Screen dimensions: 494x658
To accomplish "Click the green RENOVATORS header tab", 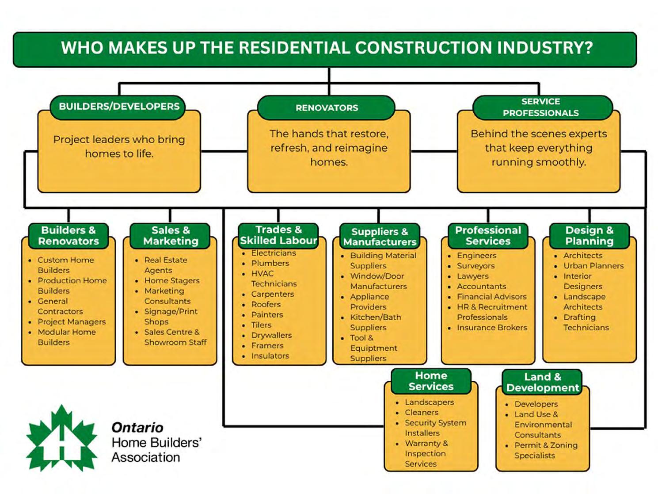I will pos(327,108).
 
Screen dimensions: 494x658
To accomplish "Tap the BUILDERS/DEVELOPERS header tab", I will pos(119,107).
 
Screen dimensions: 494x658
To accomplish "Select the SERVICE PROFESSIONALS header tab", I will pos(540,107).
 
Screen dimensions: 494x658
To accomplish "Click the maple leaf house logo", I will pos(62,439).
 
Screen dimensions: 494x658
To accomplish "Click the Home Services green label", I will pos(431,381).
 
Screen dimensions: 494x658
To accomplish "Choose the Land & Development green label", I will pos(542,383).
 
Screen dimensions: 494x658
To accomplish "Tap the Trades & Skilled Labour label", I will pos(278,235).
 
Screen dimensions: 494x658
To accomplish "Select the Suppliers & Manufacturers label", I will pos(380,237).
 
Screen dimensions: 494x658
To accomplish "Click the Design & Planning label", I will pos(589,236).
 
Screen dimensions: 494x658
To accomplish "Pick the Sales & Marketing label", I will pos(171,236).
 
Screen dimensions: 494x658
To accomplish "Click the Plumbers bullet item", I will pos(270,263).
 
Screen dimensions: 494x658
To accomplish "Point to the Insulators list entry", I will pos(270,356).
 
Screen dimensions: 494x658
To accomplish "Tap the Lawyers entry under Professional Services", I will pos(472,276).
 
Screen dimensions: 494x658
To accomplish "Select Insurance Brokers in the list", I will pos(492,328).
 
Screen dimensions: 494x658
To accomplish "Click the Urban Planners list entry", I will pos(593,266).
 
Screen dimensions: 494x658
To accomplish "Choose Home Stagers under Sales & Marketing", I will pos(171,280).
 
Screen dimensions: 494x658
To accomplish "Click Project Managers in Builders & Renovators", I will pos(72,322).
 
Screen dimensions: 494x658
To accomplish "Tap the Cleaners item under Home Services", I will pos(422,413).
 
